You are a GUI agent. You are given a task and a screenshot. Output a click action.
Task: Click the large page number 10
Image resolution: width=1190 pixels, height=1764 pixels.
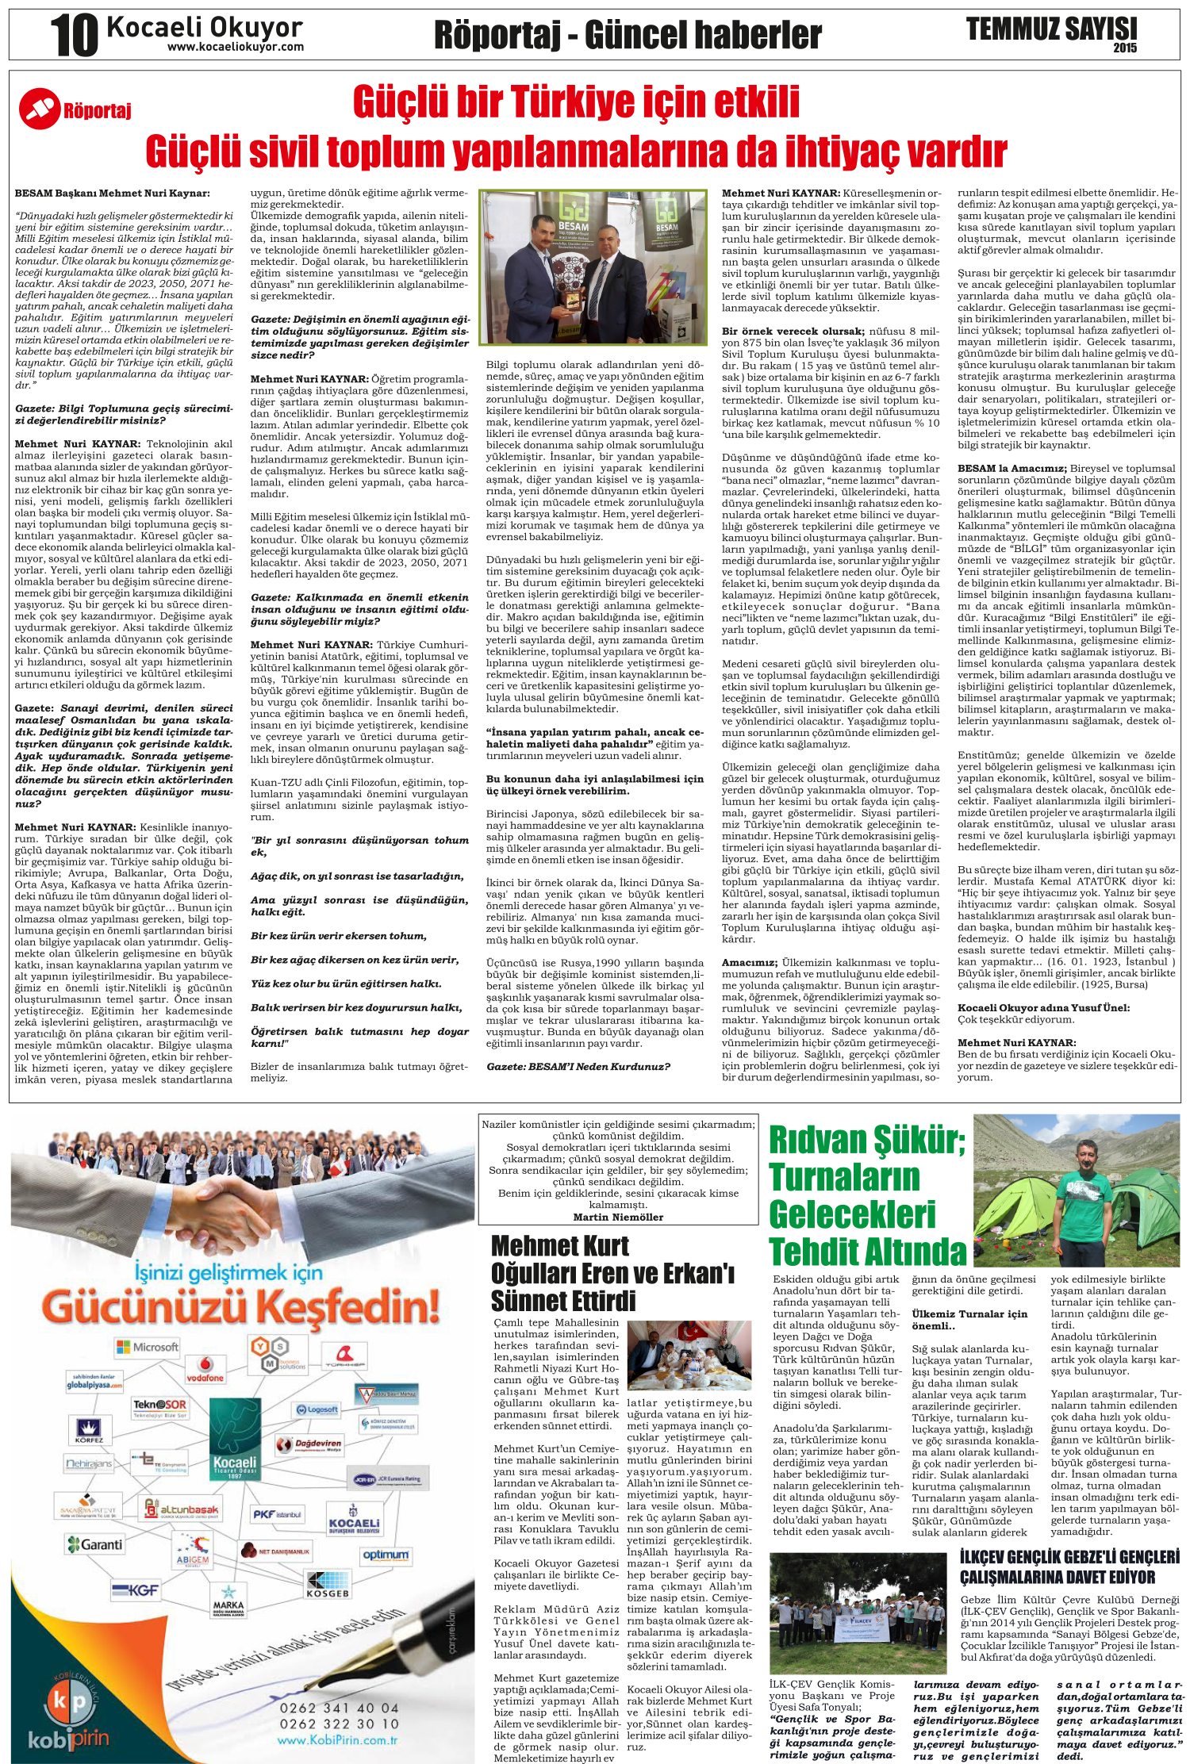pyautogui.click(x=74, y=36)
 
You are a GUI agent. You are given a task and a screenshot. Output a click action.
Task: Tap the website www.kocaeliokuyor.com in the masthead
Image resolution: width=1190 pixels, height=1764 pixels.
pyautogui.click(x=235, y=47)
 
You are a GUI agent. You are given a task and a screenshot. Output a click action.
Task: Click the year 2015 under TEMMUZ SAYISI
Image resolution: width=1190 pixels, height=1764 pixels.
pyautogui.click(x=1124, y=48)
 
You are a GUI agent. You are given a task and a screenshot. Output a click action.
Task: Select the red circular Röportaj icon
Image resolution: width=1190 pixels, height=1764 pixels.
pyautogui.click(x=39, y=109)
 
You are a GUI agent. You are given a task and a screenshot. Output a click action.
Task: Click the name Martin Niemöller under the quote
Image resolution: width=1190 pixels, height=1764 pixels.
pyautogui.click(x=618, y=1217)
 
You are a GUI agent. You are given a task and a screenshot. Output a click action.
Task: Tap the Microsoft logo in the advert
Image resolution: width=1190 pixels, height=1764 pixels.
pyautogui.click(x=147, y=1346)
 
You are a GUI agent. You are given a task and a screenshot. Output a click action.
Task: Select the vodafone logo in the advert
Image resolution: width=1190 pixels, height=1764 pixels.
pyautogui.click(x=205, y=1370)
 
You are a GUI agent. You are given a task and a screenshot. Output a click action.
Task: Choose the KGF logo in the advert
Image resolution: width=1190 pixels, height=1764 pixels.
pyautogui.click(x=136, y=1590)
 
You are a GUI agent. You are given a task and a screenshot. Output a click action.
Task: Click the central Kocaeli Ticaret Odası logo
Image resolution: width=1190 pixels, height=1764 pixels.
pyautogui.click(x=235, y=1466)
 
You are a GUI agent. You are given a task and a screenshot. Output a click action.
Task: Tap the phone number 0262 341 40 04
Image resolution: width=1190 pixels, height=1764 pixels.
pyautogui.click(x=339, y=1708)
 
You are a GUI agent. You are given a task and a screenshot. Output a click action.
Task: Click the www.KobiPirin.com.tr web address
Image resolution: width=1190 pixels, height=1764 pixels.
pyautogui.click(x=337, y=1740)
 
